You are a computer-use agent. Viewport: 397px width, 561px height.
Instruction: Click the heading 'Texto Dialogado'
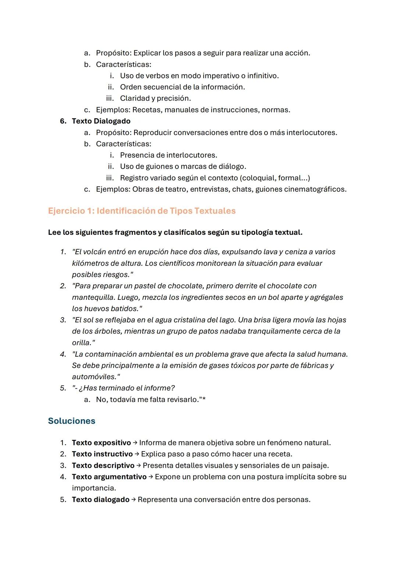coord(101,121)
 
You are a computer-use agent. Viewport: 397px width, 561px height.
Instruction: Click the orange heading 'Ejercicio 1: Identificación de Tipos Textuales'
coord(142,211)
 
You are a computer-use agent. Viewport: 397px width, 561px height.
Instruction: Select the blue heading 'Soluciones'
coord(71,421)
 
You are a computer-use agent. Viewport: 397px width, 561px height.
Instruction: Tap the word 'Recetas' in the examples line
coord(147,110)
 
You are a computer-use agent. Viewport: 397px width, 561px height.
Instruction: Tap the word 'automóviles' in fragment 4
coord(93,377)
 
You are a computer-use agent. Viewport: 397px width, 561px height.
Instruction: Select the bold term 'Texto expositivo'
coord(101,443)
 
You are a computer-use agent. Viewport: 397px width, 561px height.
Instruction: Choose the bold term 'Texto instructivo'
coord(102,454)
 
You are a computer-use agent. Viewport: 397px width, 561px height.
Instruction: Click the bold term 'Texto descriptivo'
coord(103,465)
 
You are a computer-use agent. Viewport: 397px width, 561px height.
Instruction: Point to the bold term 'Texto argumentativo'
coord(109,477)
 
